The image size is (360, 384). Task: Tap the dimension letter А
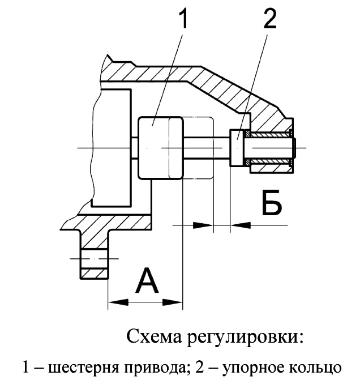pos(147,280)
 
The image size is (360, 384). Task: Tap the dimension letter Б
pos(272,202)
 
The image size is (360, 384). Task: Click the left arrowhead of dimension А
pos(118,302)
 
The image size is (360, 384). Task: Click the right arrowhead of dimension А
pos(173,302)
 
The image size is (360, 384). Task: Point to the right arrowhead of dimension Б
pos(241,225)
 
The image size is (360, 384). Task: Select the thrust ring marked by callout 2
pos(237,148)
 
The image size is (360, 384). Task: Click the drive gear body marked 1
pos(160,148)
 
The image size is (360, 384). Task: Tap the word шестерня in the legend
pos(82,368)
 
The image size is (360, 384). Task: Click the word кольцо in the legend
pos(313,368)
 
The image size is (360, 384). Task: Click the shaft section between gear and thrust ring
pos(207,148)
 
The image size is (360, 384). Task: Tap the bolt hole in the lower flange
pos(94,259)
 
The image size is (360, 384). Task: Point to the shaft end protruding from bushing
pos(294,148)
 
